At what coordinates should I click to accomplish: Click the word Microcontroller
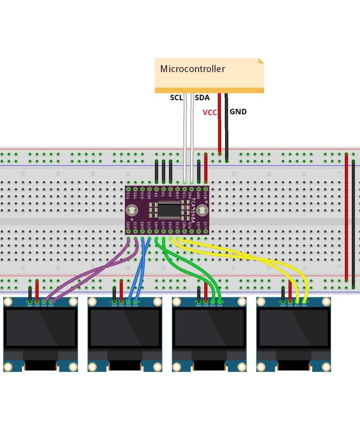[192, 69]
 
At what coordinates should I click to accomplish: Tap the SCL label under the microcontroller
[176, 98]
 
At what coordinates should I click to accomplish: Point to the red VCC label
[210, 112]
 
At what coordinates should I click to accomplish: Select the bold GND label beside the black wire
[238, 112]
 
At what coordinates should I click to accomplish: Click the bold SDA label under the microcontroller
[202, 98]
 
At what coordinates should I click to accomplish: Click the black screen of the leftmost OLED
[40, 328]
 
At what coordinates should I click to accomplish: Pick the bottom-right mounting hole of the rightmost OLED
[326, 367]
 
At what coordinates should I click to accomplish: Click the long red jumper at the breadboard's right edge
[346, 216]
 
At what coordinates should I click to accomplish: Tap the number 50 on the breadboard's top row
[22, 174]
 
